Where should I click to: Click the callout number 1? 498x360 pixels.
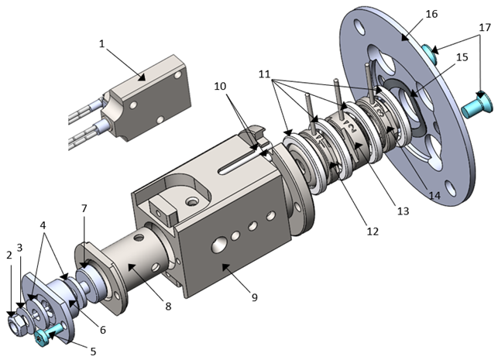coord(101,44)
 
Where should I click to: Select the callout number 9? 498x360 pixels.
coord(254,297)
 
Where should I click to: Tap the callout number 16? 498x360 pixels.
coord(431,14)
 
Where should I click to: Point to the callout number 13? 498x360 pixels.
coord(403,211)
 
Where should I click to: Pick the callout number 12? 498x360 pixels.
coord(373,231)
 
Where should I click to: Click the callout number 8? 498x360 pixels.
coord(168,307)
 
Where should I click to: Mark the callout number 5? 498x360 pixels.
coord(93,351)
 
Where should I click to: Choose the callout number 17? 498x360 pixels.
coord(485,28)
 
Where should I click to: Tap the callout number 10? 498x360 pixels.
coord(220,87)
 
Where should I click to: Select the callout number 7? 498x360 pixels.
coord(84,208)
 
